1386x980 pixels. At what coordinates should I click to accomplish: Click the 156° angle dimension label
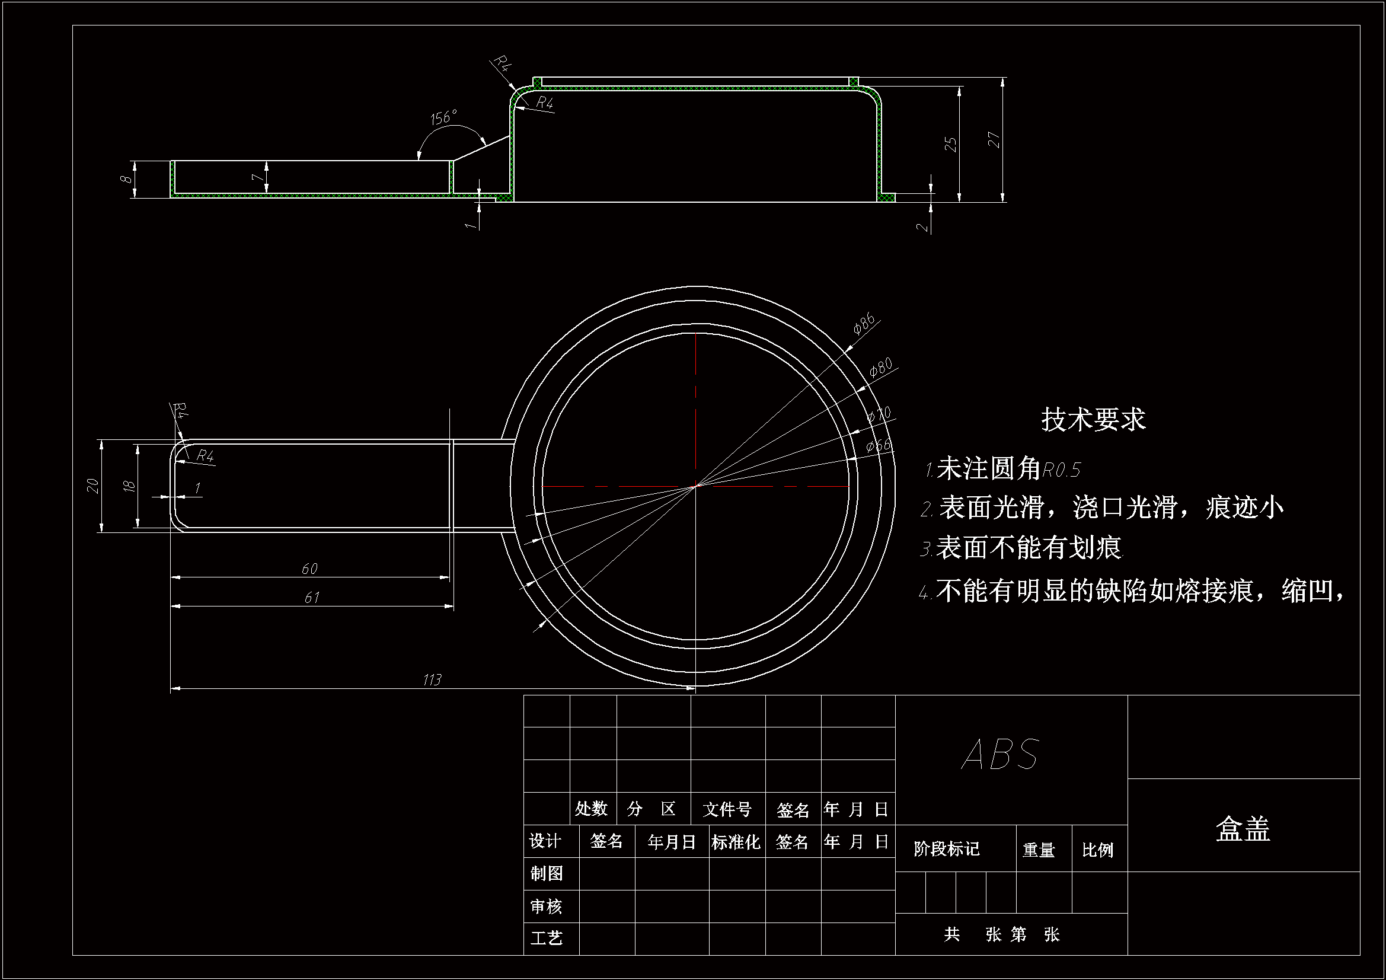tap(443, 117)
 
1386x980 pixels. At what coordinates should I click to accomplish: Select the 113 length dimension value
tap(432, 680)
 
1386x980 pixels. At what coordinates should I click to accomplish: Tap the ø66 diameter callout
tap(879, 446)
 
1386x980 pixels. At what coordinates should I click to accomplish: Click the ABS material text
tap(1000, 754)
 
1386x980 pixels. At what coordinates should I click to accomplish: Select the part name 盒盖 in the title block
tap(1243, 829)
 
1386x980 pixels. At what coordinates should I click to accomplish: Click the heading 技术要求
tap(1093, 419)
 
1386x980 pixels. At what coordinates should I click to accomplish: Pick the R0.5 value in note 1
tap(1061, 470)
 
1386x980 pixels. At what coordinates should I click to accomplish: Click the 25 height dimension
tap(951, 144)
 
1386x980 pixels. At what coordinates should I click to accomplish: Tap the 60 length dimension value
tap(309, 569)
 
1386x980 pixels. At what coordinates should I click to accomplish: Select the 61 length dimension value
tap(311, 598)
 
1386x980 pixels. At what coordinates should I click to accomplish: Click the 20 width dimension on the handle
tap(92, 486)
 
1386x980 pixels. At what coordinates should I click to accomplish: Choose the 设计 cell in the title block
tap(545, 841)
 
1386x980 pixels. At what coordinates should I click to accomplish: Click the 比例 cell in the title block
tap(1097, 850)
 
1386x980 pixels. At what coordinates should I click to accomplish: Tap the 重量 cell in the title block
tap(1039, 850)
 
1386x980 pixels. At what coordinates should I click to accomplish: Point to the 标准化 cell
tap(735, 842)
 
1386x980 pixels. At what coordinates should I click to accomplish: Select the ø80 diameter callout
tap(881, 367)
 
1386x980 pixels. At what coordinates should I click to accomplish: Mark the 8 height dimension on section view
tap(126, 178)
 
